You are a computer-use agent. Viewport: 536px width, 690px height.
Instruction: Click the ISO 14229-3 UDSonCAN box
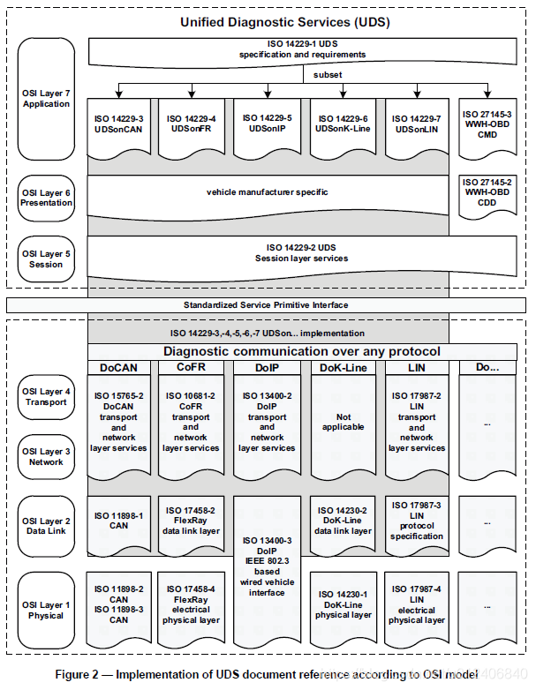click(x=119, y=124)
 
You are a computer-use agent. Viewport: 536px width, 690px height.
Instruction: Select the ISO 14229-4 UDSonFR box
click(x=191, y=124)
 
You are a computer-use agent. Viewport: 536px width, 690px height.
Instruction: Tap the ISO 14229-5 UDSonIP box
click(x=267, y=124)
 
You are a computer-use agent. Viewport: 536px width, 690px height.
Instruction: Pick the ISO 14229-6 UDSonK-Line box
click(x=342, y=124)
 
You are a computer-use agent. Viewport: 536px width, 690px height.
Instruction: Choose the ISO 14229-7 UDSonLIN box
click(x=416, y=124)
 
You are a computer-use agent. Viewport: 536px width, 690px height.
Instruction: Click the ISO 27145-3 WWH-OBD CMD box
click(x=487, y=124)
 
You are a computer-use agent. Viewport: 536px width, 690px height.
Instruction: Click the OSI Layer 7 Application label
click(x=46, y=99)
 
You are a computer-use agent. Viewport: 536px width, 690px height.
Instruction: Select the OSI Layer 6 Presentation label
click(x=46, y=198)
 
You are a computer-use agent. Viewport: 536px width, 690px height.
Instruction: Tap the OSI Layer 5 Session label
click(x=46, y=259)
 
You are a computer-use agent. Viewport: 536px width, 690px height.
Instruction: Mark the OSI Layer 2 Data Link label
click(x=46, y=527)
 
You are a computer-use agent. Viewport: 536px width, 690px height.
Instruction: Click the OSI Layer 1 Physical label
click(x=46, y=610)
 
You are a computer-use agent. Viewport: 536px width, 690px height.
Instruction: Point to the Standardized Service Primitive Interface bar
click(x=266, y=304)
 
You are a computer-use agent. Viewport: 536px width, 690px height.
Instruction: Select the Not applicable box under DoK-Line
click(x=342, y=423)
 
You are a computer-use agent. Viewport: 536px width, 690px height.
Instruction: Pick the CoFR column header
click(x=191, y=366)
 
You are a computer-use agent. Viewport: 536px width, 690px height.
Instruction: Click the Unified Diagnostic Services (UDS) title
click(x=266, y=21)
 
